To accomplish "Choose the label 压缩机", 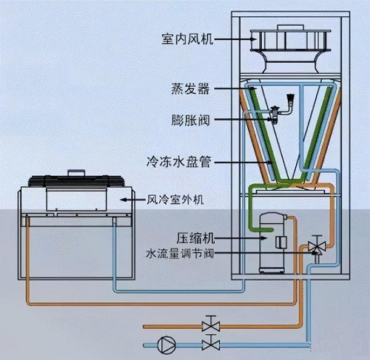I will [x=195, y=239].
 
